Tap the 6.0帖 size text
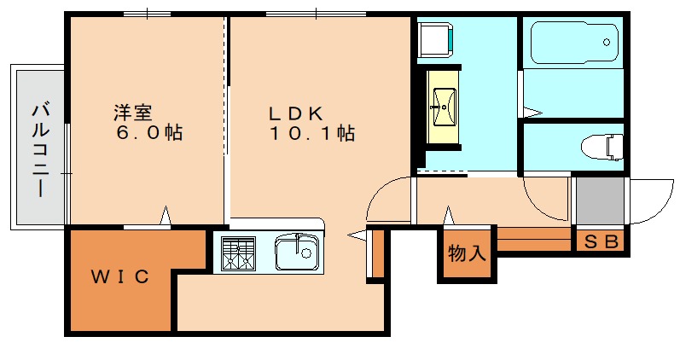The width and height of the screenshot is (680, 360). coord(152,133)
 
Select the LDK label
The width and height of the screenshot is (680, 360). coord(295,112)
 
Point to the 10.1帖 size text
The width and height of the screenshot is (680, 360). coord(312,133)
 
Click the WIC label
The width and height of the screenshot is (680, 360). coord(120,276)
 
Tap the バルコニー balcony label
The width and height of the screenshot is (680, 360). coord(39,148)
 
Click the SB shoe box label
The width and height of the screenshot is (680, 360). coord(600,241)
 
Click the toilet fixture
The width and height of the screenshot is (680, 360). coord(603,148)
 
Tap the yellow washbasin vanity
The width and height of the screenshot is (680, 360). coord(442,106)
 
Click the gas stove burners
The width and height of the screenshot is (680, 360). coord(238,253)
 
